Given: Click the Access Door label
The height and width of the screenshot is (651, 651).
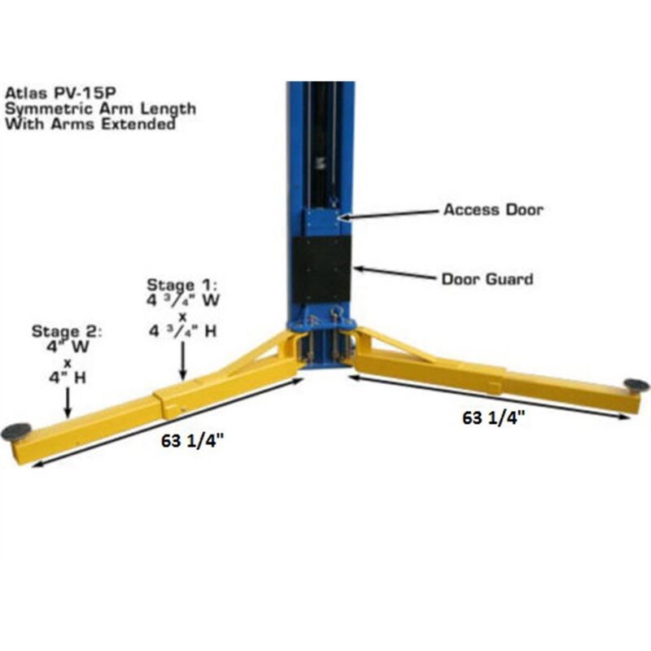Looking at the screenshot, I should pyautogui.click(x=492, y=210).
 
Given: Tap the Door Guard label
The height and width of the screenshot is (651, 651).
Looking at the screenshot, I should pyautogui.click(x=487, y=279).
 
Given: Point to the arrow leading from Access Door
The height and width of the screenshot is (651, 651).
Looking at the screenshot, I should pyautogui.click(x=391, y=214).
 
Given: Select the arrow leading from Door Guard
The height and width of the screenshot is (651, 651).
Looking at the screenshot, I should pyautogui.click(x=394, y=273).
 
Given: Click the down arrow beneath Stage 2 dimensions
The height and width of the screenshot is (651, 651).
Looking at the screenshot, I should pyautogui.click(x=68, y=401).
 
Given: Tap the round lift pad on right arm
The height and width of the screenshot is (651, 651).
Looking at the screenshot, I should pyautogui.click(x=636, y=384).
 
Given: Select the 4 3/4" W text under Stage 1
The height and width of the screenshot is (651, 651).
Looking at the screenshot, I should pyautogui.click(x=181, y=300).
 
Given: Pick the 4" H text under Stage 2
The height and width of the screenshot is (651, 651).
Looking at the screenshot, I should pyautogui.click(x=66, y=377).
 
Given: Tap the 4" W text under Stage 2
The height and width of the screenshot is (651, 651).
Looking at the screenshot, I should pyautogui.click(x=66, y=347).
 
